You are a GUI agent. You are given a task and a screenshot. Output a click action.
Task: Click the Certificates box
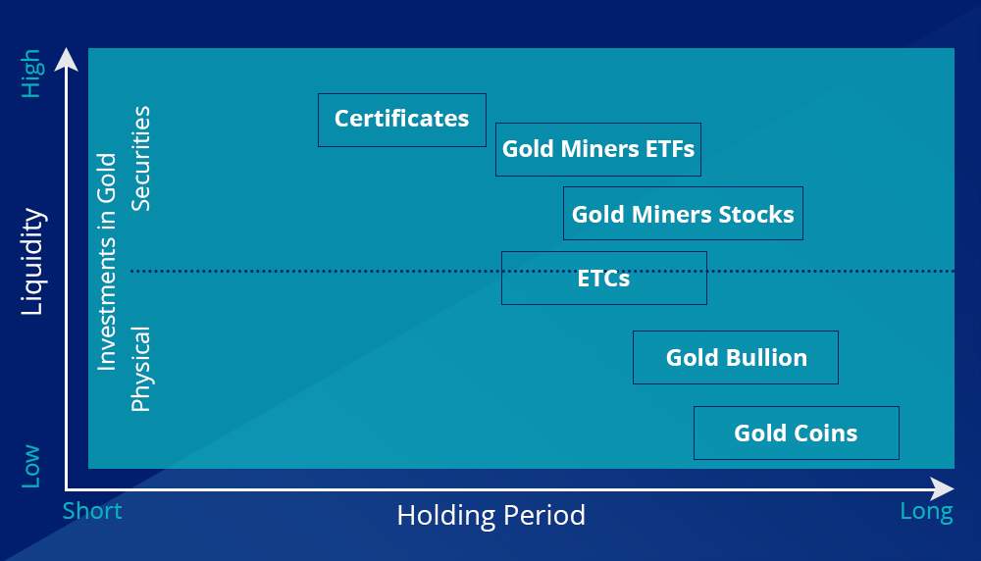(x=401, y=120)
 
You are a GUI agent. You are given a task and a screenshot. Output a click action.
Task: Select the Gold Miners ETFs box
(x=598, y=149)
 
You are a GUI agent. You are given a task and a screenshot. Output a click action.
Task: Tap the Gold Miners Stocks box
(x=683, y=213)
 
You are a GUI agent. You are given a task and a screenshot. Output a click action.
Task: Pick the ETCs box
(x=604, y=279)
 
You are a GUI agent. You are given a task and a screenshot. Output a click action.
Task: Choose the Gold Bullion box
(x=736, y=358)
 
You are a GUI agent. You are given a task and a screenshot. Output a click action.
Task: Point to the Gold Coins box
(x=797, y=433)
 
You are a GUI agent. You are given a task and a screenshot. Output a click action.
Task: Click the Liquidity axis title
(x=32, y=262)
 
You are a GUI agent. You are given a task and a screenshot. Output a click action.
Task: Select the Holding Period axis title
(x=491, y=515)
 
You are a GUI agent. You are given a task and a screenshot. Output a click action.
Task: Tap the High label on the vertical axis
(x=31, y=74)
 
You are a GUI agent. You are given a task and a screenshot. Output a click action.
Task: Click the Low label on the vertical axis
(x=31, y=467)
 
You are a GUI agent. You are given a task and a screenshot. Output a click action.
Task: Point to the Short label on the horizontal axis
(x=92, y=511)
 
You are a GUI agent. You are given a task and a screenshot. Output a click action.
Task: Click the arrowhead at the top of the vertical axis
(x=67, y=60)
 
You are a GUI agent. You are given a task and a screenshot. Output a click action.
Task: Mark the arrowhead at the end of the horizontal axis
(x=942, y=488)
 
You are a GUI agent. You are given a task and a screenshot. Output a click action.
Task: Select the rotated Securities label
(x=140, y=158)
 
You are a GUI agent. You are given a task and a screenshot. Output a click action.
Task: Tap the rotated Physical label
(x=140, y=369)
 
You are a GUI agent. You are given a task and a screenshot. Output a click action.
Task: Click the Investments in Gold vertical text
(x=107, y=262)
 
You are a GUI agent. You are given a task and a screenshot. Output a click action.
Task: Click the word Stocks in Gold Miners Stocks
(x=756, y=215)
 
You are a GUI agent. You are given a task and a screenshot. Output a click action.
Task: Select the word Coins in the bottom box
(x=826, y=433)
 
